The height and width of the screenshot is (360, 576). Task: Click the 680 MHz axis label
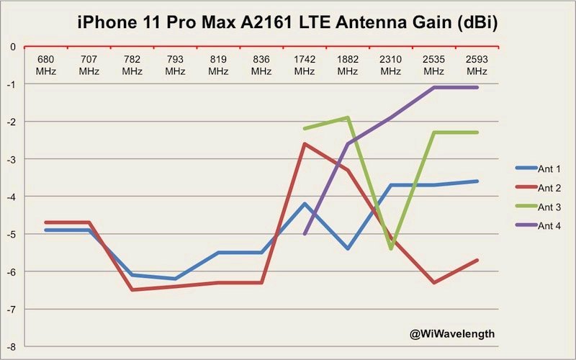(x=45, y=65)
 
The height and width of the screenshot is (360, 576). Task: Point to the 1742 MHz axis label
(x=305, y=65)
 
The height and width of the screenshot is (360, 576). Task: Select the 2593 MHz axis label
(x=477, y=65)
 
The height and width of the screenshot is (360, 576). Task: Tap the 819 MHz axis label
(x=218, y=65)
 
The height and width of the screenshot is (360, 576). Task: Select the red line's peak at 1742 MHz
(x=305, y=144)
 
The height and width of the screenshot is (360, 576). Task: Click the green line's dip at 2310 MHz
(x=391, y=249)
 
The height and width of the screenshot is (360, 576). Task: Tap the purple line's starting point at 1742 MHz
(x=305, y=234)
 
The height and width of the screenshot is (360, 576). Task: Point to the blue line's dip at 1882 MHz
(x=348, y=248)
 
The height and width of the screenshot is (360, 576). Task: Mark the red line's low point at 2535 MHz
(x=433, y=282)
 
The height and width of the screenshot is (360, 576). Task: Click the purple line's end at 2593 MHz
(x=477, y=87)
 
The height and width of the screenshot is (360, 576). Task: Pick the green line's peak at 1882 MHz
(x=348, y=117)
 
